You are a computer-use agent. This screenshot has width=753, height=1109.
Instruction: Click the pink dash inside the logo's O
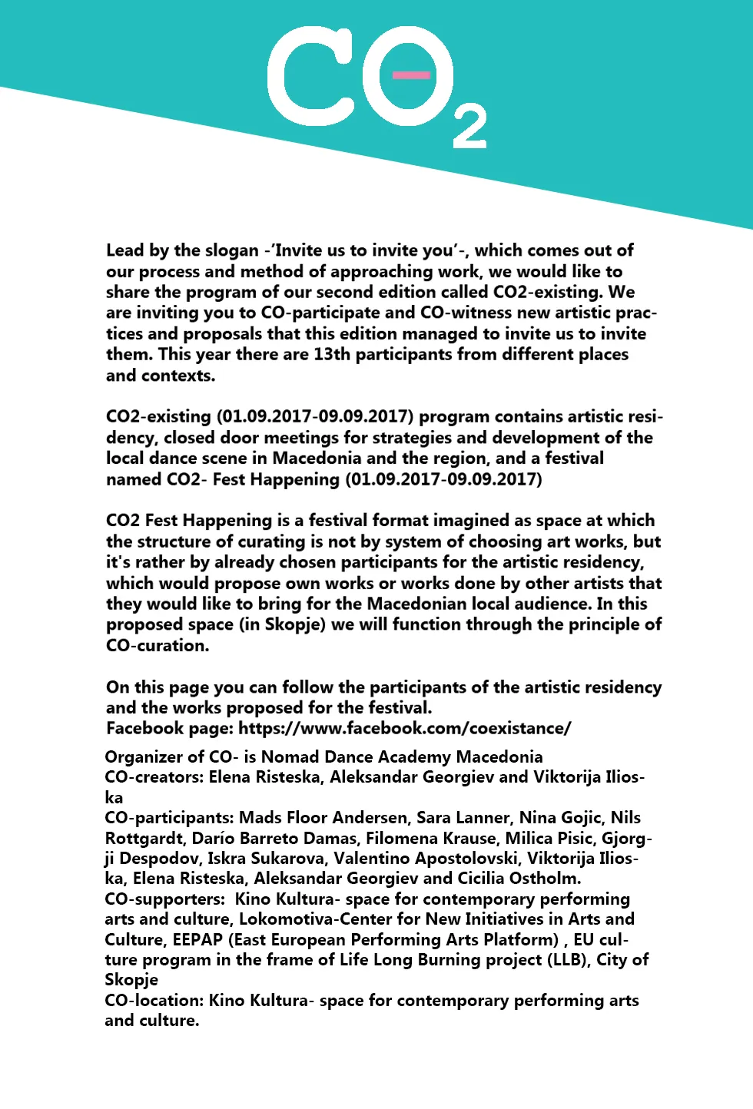pyautogui.click(x=411, y=74)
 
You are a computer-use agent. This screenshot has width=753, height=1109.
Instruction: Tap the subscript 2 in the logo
pyautogui.click(x=469, y=127)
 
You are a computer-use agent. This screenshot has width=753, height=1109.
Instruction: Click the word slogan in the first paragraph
pyautogui.click(x=233, y=250)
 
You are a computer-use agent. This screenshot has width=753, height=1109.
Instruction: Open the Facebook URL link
pyautogui.click(x=404, y=728)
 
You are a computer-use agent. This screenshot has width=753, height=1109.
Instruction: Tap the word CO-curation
pyautogui.click(x=158, y=645)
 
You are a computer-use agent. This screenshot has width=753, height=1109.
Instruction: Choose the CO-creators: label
pyautogui.click(x=154, y=777)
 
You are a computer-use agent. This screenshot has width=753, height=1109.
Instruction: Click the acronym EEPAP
pyautogui.click(x=197, y=940)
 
